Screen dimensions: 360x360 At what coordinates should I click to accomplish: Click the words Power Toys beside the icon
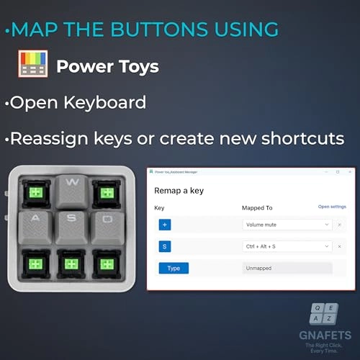[107, 66]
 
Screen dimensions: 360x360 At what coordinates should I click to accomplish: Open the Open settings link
[332, 207]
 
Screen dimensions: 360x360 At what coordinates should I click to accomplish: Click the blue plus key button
[165, 225]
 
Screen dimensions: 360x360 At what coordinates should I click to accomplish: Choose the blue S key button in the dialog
[165, 246]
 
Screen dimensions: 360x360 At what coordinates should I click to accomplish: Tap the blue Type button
[174, 268]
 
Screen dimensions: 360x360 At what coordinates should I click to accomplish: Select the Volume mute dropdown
[287, 225]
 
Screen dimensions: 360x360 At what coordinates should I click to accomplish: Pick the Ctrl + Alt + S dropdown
[287, 246]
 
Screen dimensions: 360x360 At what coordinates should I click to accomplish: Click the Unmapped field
[287, 268]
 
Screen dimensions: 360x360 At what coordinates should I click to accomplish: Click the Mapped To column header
[257, 207]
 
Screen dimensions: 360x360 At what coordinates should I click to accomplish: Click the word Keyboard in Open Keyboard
[101, 101]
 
